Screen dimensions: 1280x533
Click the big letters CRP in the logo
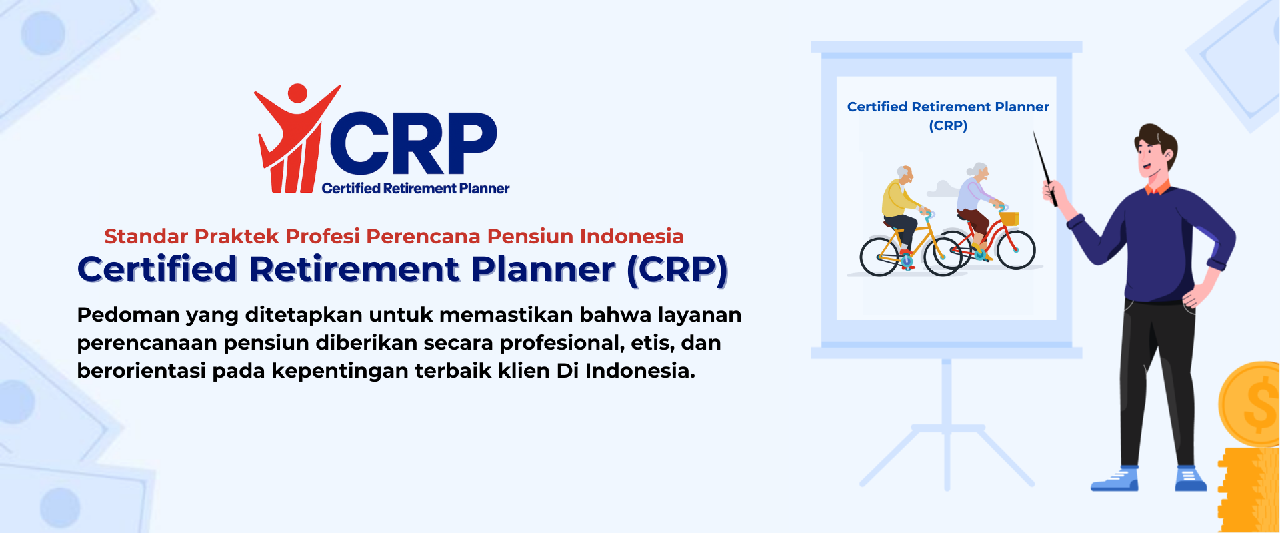[x=413, y=143]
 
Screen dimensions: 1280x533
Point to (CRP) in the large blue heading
[x=677, y=270]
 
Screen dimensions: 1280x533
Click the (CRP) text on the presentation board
[x=948, y=125]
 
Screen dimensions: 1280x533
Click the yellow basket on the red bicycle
[x=1010, y=218]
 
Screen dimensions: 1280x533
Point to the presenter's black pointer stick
[x=1045, y=169]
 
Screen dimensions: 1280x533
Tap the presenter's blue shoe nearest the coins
[x=1190, y=480]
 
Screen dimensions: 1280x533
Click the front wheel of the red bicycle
[x=1016, y=250]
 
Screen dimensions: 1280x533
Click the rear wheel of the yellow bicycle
[x=880, y=257]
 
